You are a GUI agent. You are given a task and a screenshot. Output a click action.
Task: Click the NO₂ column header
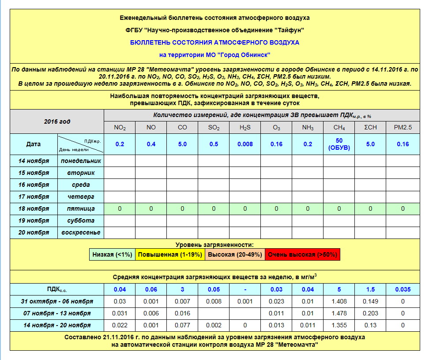[x=120, y=128]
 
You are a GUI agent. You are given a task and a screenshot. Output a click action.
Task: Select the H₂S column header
[x=245, y=128]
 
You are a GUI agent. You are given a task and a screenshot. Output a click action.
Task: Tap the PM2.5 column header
[x=403, y=128]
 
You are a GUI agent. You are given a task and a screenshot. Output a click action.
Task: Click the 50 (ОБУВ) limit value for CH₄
[x=339, y=144]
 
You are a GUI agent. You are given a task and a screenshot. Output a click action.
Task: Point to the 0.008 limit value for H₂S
[x=245, y=144]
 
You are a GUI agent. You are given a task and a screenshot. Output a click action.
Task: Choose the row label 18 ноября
[x=34, y=208]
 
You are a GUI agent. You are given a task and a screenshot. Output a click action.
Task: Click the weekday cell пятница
[x=81, y=208]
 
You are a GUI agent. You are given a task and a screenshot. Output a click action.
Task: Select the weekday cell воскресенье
[x=81, y=232]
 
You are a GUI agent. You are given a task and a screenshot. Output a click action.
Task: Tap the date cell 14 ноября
[x=34, y=161]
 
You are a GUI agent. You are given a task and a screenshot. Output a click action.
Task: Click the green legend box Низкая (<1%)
[x=112, y=254]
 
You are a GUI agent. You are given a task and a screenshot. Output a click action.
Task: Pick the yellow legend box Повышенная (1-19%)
[x=169, y=254]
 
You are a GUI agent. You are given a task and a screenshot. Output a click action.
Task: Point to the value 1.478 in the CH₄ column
[x=339, y=313]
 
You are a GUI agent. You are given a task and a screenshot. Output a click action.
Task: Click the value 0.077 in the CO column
[x=182, y=325]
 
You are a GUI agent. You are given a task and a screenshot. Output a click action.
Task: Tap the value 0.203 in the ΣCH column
[x=370, y=313]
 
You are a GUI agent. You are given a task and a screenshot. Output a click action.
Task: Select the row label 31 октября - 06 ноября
[x=56, y=301]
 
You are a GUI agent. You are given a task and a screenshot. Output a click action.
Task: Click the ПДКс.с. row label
[x=56, y=290]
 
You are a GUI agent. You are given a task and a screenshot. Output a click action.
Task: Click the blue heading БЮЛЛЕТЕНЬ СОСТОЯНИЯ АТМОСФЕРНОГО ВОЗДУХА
[x=214, y=42]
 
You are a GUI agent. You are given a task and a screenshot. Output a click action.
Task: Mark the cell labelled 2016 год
[x=57, y=121]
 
